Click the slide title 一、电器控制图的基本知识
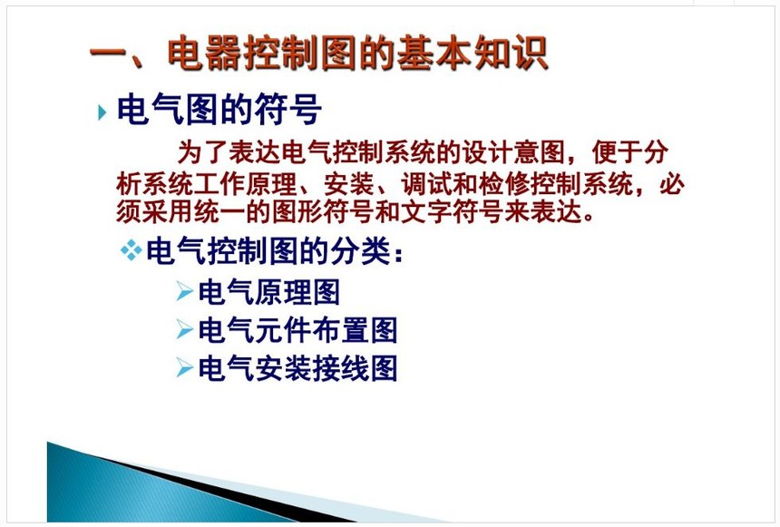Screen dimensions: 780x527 pos(319,53)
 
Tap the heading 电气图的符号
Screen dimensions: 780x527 pos(219,110)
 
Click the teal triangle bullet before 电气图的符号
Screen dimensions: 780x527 pos(102,112)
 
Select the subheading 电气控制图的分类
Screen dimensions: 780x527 pos(269,251)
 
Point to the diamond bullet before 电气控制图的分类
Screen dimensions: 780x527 pos(132,250)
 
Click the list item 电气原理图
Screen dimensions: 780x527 pos(269,292)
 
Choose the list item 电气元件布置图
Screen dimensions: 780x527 pos(297,330)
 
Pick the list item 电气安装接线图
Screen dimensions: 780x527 pos(297,369)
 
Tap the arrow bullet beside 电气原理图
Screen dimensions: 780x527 pos(184,291)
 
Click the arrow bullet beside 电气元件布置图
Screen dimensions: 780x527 pos(184,329)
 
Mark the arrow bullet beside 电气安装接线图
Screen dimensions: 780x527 pos(184,368)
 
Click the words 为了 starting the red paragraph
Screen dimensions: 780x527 pos(202,152)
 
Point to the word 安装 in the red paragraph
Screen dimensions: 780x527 pos(348,184)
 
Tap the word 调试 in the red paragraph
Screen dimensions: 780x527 pos(426,184)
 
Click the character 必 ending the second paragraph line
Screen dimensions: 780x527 pos(672,184)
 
